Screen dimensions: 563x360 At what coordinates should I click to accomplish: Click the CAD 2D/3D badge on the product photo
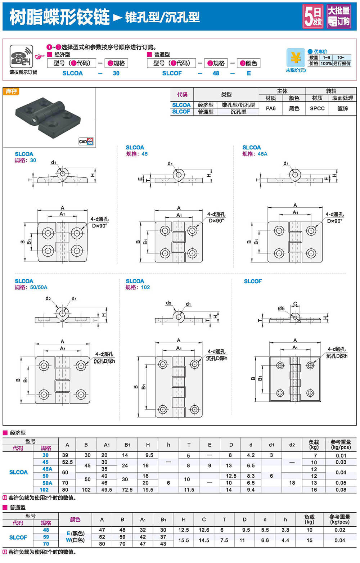pos(86,141)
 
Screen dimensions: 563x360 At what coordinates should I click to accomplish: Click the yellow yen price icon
pos(295,58)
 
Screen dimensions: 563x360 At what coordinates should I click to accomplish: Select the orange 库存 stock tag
pos(11,91)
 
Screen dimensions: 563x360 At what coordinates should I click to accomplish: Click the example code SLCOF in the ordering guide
pos(172,73)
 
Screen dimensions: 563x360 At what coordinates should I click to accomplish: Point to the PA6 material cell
pos(271,108)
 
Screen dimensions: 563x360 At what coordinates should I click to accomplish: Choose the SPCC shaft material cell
pos(317,108)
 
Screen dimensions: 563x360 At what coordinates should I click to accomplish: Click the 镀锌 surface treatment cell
pos(342,108)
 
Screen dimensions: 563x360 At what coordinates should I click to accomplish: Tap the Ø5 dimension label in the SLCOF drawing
pos(281,308)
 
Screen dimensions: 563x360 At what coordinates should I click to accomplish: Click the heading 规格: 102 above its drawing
pos(138,287)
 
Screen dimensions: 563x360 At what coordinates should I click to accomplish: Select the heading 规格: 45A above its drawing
pos(255,154)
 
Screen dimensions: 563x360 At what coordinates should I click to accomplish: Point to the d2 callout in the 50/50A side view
pos(48,298)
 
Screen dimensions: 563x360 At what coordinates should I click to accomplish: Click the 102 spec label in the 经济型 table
pos(44,490)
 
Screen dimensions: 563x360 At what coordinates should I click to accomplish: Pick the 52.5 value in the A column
pos(67,462)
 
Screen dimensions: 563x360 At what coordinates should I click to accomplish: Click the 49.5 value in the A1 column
pos(107,490)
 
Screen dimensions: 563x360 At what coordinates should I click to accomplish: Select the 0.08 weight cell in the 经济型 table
pos(341,490)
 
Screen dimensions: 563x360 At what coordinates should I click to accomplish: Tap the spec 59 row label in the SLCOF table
pos(46,537)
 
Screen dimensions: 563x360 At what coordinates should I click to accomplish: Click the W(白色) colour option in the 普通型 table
pos(75,540)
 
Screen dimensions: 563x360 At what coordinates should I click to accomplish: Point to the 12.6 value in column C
pos(204,530)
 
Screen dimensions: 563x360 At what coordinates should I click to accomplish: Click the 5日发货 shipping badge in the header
pos(312,17)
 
